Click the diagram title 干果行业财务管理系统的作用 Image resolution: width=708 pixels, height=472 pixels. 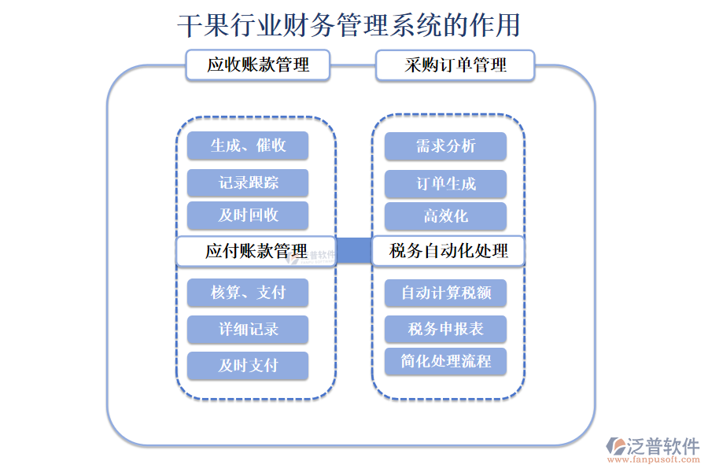point(348,25)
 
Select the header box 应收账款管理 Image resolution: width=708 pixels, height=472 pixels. point(258,65)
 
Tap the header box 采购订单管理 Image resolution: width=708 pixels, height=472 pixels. point(455,65)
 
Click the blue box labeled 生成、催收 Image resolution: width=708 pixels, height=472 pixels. point(248,146)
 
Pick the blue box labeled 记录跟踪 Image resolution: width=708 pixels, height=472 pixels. point(248,183)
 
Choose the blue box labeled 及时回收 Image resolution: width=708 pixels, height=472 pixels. point(248,216)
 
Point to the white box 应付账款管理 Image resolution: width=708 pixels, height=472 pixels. point(256,251)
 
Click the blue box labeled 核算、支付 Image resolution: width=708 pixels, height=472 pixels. point(248,293)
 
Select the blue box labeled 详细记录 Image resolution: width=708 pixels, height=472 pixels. point(248,330)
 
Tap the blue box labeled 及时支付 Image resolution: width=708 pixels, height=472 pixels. point(248,366)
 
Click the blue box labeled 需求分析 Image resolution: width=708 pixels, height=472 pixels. point(445,146)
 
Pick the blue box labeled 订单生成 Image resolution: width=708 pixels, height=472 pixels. point(445,184)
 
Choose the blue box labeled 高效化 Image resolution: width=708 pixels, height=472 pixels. point(445,216)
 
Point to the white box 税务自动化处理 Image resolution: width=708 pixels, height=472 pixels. point(448,251)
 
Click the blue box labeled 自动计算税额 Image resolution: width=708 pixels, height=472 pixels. point(445,293)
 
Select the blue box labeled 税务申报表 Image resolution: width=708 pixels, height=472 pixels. point(445,329)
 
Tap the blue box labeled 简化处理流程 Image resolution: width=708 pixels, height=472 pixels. point(445,361)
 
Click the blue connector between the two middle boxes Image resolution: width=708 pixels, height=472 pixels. point(354,251)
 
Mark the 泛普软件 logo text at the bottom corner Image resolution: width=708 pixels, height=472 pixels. point(662,446)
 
